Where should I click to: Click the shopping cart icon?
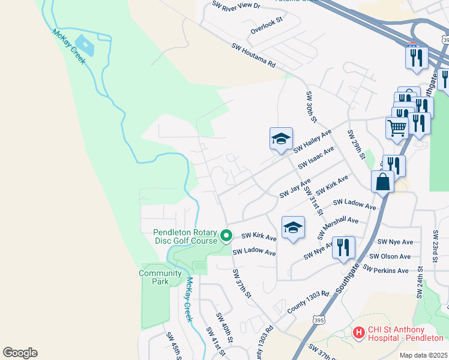tap(397, 127)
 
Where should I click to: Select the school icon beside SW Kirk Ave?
tap(293, 227)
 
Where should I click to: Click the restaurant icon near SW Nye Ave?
tap(343, 247)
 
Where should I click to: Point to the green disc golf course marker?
tap(226, 235)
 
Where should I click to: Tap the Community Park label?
tap(160, 277)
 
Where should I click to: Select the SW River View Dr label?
tap(237, 5)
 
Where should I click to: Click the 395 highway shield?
tap(319, 320)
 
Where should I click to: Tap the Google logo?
tap(20, 353)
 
